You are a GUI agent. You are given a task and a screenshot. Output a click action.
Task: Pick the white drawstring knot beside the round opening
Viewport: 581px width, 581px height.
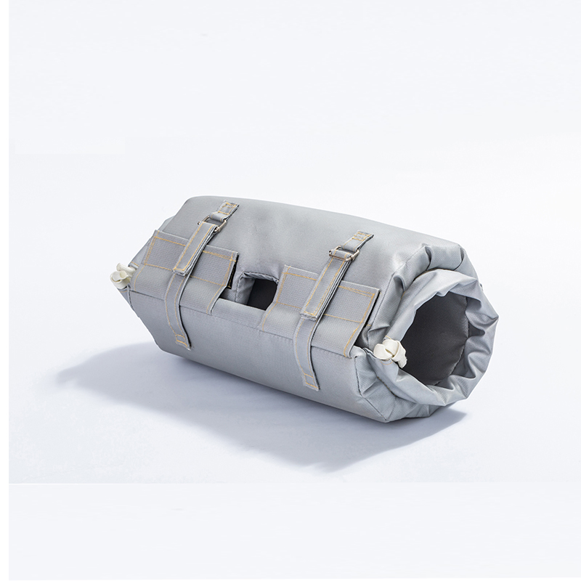click(389, 352)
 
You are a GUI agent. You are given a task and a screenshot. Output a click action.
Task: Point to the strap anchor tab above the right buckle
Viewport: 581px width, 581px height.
click(360, 238)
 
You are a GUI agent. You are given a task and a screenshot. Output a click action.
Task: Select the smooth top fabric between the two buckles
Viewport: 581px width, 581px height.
click(283, 232)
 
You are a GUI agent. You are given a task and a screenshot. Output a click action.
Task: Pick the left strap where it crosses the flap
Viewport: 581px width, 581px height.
click(190, 261)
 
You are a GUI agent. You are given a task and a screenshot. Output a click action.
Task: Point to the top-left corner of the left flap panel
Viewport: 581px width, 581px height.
click(155, 234)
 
